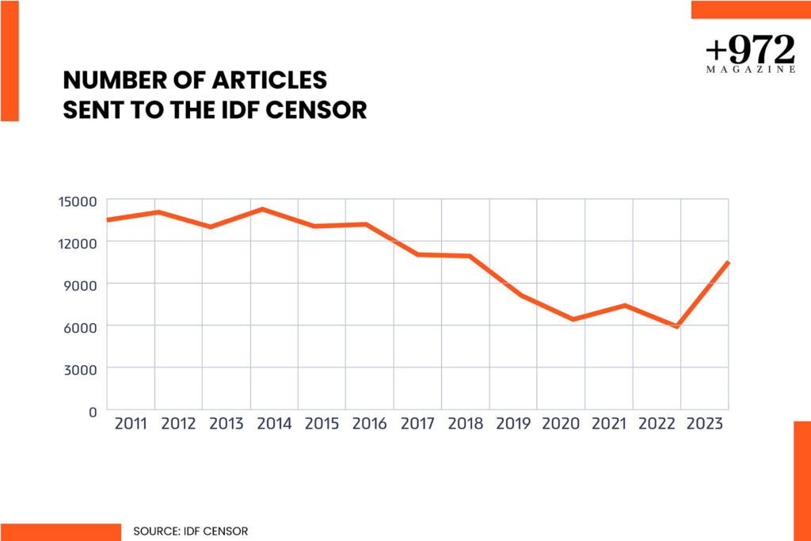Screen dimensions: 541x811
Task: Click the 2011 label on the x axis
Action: [131, 424]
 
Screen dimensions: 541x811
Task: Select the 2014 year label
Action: [274, 424]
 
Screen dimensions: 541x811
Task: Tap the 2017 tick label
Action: [417, 424]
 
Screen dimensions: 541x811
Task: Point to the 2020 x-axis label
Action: [561, 424]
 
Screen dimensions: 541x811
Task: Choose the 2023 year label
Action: [704, 424]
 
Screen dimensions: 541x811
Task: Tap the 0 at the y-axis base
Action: [92, 411]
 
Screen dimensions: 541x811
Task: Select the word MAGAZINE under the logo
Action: [750, 70]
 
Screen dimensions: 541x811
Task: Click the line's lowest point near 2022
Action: [677, 326]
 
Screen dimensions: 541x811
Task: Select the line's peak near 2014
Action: [262, 209]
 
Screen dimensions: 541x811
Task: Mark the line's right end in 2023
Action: [727, 263]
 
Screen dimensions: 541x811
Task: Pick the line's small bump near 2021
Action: [626, 306]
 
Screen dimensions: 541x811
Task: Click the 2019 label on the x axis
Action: [513, 424]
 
